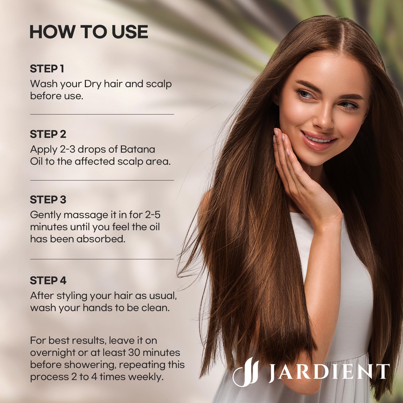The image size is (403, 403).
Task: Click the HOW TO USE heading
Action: (89, 32)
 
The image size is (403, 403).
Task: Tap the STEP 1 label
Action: (47, 69)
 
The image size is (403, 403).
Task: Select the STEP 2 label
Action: (48, 134)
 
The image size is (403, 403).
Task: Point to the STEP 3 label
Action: (48, 200)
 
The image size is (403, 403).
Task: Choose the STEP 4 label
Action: (48, 281)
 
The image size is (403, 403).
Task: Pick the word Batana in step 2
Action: (138, 149)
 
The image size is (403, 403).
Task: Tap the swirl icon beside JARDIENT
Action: (246, 371)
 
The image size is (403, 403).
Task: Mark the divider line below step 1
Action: (102, 114)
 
